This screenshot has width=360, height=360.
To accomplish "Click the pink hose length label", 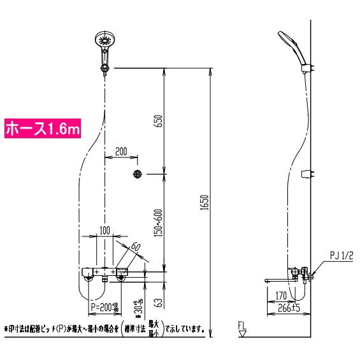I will [43, 129].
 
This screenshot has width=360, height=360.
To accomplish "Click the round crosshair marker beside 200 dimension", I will [137, 174].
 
